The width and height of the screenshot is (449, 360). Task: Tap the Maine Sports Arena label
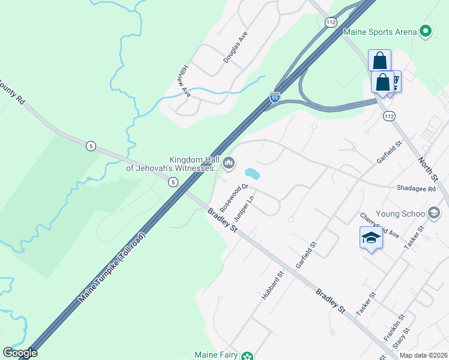tap(379, 31)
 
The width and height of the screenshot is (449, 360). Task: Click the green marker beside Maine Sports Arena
tap(426, 31)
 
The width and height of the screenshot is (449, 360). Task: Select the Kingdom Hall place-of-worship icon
tap(229, 163)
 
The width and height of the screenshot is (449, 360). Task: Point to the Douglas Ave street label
tap(235, 48)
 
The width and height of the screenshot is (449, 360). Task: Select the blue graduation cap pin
tap(371, 239)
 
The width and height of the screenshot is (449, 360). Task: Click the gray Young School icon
tap(434, 213)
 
